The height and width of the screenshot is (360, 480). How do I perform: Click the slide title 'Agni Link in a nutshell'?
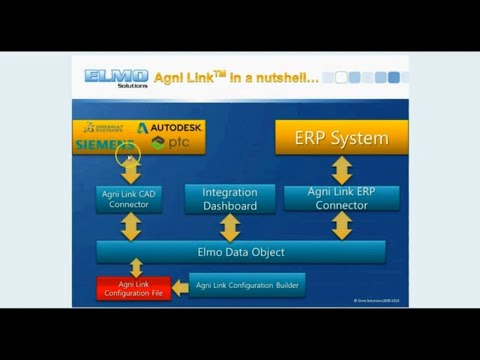pyautogui.click(x=240, y=77)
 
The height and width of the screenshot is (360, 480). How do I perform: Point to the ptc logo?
pyautogui.click(x=171, y=144)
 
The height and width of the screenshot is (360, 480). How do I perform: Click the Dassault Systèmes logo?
pyautogui.click(x=106, y=128)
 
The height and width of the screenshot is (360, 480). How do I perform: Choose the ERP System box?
pyautogui.click(x=342, y=137)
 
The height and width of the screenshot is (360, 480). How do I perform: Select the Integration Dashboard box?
pyautogui.click(x=229, y=199)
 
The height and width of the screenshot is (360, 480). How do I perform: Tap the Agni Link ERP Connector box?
pyautogui.click(x=341, y=198)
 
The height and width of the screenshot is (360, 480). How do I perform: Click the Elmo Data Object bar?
pyautogui.click(x=241, y=251)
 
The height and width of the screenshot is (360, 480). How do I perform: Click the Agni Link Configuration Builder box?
pyautogui.click(x=246, y=285)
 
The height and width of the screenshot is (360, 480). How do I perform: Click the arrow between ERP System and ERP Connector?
pyautogui.click(x=342, y=169)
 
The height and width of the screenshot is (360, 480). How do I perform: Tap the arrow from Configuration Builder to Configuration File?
pyautogui.click(x=179, y=288)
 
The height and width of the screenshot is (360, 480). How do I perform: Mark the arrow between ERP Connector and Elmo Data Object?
pyautogui.click(x=342, y=226)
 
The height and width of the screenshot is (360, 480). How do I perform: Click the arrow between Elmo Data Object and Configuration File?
pyautogui.click(x=136, y=268)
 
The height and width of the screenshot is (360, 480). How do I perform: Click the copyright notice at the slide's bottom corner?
pyautogui.click(x=379, y=299)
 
